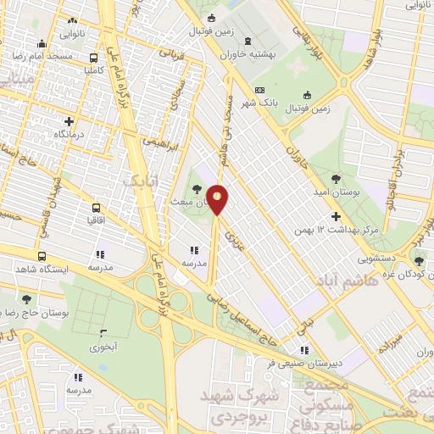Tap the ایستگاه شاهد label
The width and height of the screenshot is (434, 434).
(x=39, y=268)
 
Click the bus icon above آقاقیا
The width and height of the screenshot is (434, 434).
(x=95, y=206)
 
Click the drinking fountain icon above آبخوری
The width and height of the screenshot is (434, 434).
(x=103, y=334)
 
